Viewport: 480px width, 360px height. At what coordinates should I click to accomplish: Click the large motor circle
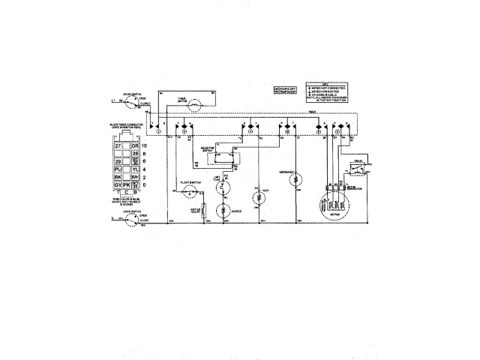point(331,205)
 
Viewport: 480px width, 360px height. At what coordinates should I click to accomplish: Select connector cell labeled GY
point(118,184)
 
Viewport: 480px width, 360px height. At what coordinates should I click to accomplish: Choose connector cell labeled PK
point(127,184)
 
